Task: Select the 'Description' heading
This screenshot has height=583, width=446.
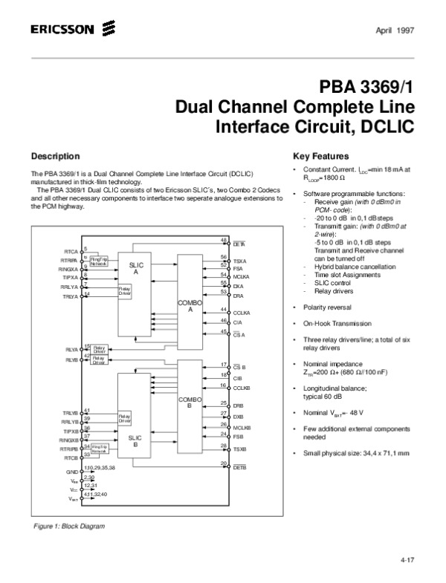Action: (x=55, y=157)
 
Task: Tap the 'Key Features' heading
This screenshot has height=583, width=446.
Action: (x=320, y=157)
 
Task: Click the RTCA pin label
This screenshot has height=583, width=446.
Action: (x=70, y=253)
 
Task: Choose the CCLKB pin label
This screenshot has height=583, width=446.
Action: (x=242, y=388)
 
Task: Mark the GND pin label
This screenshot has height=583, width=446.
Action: (x=72, y=472)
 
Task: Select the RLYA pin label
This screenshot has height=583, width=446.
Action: (x=71, y=349)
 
